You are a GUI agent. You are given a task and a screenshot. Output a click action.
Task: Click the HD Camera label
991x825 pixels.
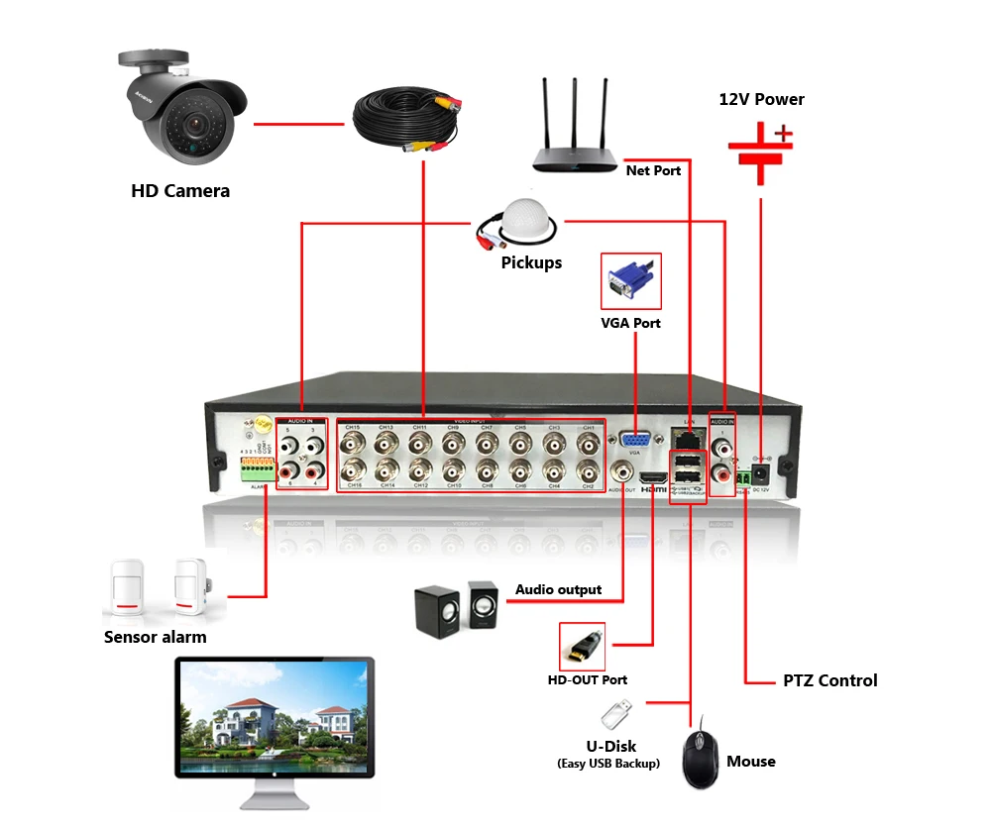click(x=180, y=190)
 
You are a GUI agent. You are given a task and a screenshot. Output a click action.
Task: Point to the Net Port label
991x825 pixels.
click(x=653, y=170)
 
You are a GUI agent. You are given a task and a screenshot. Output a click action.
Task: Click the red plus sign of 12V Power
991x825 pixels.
click(x=784, y=132)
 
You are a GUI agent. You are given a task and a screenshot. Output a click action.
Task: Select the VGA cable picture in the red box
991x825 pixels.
click(x=631, y=281)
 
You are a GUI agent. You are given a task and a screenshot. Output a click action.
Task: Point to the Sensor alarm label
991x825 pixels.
click(x=156, y=637)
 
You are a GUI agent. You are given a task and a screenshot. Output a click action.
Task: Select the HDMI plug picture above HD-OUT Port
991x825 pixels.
click(x=582, y=645)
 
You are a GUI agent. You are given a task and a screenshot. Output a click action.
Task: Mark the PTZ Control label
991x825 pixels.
click(x=829, y=680)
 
